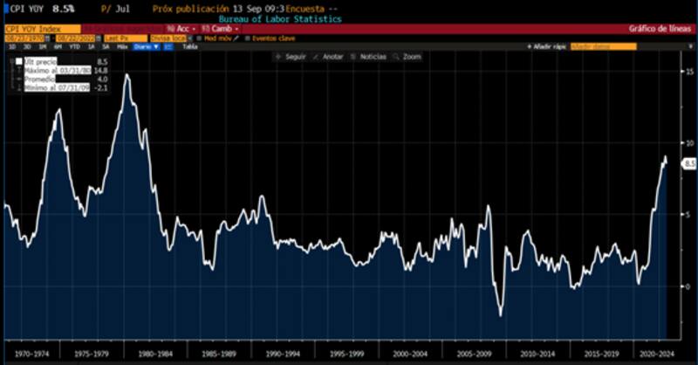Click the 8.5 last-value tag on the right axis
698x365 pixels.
688,163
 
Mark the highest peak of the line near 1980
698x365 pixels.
127,75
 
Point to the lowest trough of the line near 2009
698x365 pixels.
501,314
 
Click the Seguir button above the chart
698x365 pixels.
293,57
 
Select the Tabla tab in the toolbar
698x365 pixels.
188,46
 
